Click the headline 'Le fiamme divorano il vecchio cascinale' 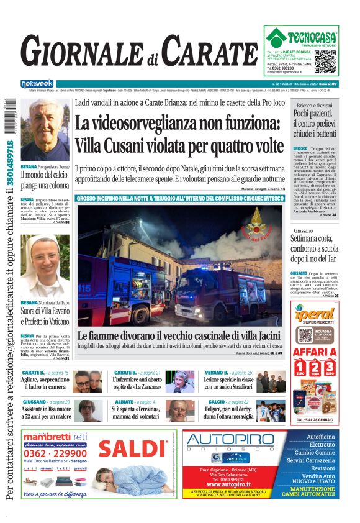[x=180, y=335]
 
